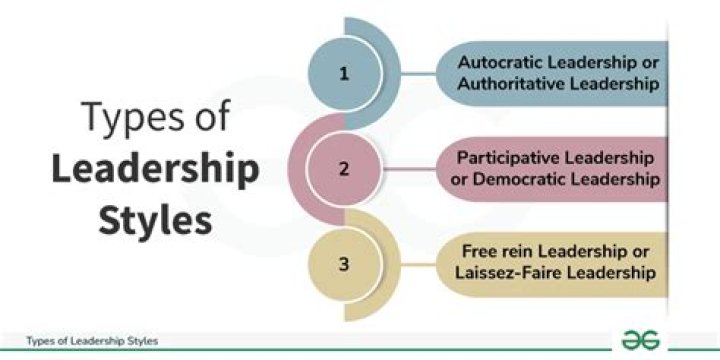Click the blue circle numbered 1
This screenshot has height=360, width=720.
tap(345, 73)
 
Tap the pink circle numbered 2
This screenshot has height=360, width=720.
tap(345, 168)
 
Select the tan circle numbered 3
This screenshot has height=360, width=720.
tap(345, 264)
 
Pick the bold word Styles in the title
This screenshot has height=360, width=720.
tap(155, 220)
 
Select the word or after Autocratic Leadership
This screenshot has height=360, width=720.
tap(651, 62)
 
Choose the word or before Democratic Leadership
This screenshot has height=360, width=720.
tap(469, 180)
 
